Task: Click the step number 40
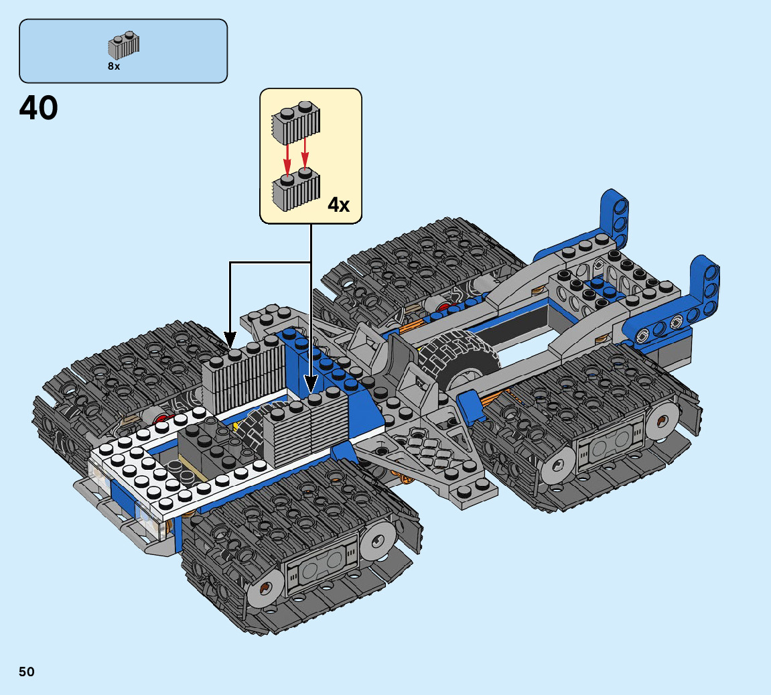coord(38,108)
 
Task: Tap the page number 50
coord(27,672)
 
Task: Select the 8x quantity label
coord(114,66)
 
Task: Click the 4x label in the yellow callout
coord(338,204)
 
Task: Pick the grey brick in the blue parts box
coord(123,46)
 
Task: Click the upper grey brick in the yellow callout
coord(295,123)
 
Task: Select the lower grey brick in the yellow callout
coord(295,190)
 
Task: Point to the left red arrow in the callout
coord(287,158)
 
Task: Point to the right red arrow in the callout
coord(305,153)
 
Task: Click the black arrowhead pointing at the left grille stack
coord(230,339)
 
